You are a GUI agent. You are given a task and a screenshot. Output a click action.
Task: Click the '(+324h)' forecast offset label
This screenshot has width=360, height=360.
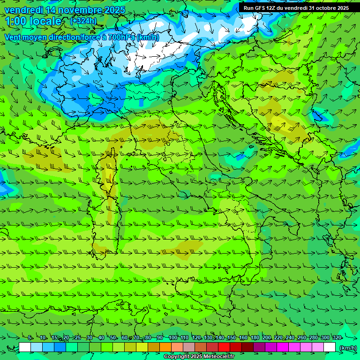[x=83, y=21]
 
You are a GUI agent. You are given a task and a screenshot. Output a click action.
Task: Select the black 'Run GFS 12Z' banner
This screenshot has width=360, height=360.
[x=296, y=7]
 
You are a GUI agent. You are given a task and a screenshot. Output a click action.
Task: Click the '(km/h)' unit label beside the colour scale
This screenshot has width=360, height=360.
[x=347, y=347]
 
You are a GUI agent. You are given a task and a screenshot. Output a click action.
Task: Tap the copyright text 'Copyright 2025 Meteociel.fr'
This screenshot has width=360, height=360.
[x=199, y=357]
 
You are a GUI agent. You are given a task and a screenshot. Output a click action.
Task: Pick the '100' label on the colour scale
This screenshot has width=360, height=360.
[x=172, y=337]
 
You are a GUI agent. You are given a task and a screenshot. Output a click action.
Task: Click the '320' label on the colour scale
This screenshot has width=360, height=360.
[x=337, y=337]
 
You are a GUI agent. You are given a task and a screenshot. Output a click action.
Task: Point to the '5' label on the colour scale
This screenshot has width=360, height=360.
[x=30, y=337]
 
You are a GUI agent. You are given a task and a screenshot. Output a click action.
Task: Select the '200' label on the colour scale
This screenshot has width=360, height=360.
[x=266, y=337]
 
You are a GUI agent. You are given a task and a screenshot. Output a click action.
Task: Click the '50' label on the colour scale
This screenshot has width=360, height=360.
[x=112, y=337]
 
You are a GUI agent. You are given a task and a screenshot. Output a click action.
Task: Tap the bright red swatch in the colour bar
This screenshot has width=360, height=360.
[x=224, y=347]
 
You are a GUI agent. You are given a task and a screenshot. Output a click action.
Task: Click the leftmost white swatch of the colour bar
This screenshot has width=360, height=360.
[x=25, y=347]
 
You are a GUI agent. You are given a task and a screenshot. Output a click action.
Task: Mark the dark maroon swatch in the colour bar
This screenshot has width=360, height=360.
[x=247, y=347]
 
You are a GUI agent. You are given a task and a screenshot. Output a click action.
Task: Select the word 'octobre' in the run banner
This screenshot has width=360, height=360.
[x=326, y=7]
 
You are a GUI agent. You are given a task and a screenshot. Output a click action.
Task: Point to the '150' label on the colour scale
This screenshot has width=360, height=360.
[x=231, y=337]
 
